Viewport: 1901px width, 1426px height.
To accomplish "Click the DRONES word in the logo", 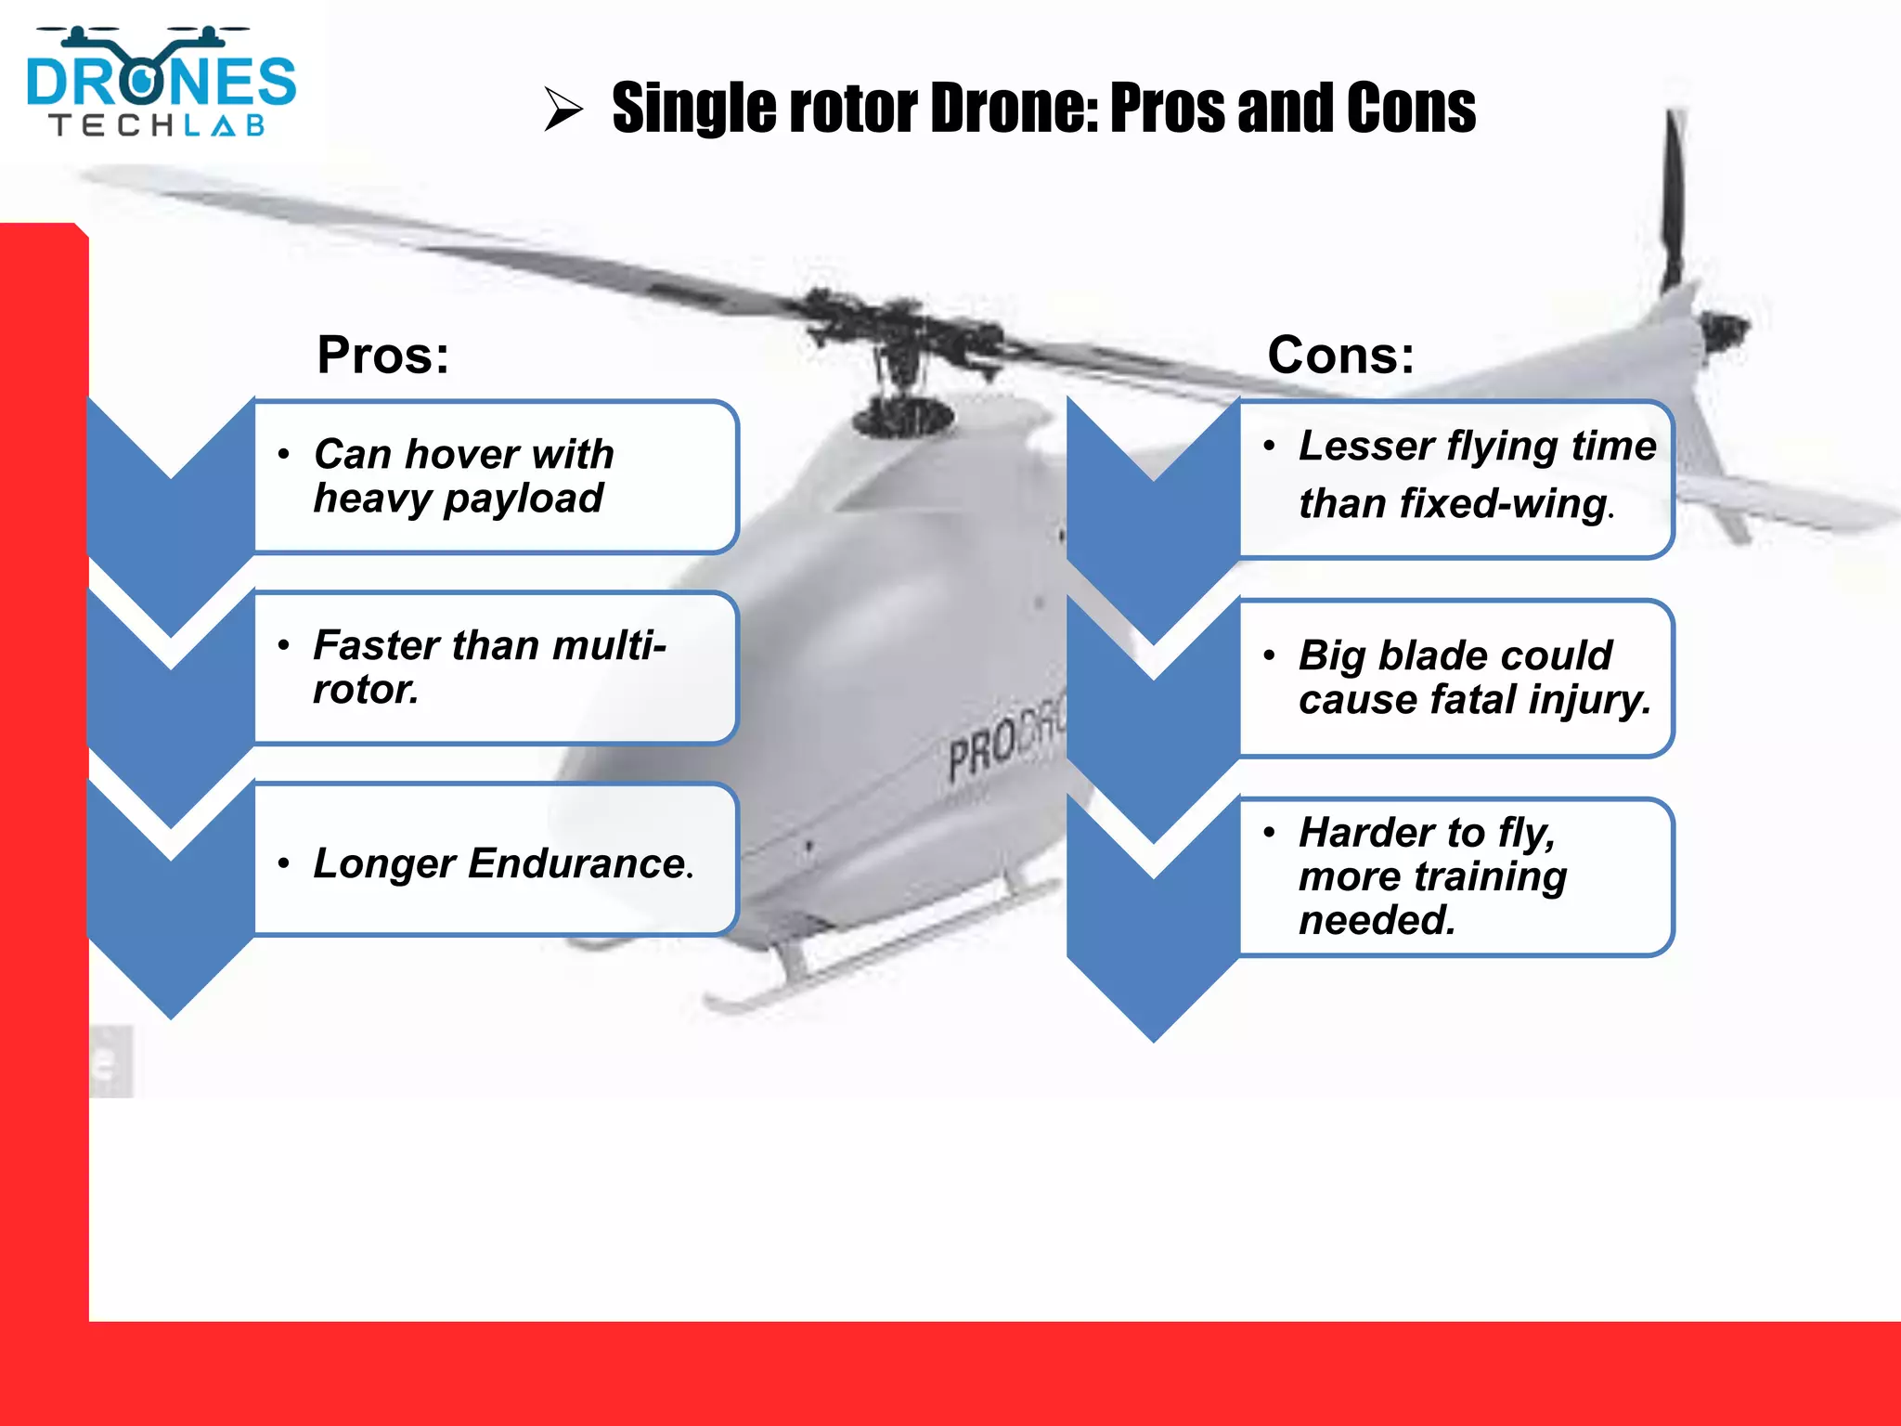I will [161, 81].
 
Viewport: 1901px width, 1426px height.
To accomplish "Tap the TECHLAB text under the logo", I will [158, 125].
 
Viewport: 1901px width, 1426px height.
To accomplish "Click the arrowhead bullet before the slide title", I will [563, 109].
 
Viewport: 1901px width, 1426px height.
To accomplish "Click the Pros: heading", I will [382, 355].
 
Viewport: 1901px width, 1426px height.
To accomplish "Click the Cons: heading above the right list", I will [1340, 355].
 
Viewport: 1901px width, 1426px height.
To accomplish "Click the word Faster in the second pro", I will [376, 645].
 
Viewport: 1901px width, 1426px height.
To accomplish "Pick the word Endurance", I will [576, 863].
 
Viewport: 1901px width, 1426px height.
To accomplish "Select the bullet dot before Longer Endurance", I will [284, 864].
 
